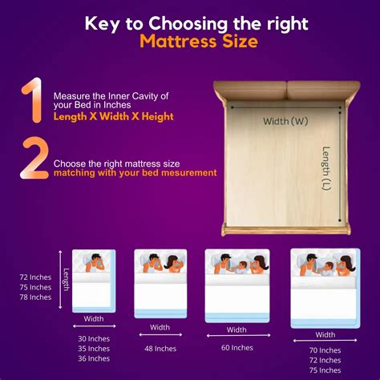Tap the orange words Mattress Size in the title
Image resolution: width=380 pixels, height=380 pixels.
(x=198, y=40)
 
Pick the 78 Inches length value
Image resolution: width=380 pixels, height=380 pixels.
(x=35, y=297)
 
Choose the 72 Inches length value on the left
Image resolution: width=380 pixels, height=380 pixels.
(x=35, y=277)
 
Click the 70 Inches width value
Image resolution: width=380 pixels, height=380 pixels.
(x=325, y=351)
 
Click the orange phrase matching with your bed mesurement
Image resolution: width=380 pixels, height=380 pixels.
(x=135, y=172)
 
